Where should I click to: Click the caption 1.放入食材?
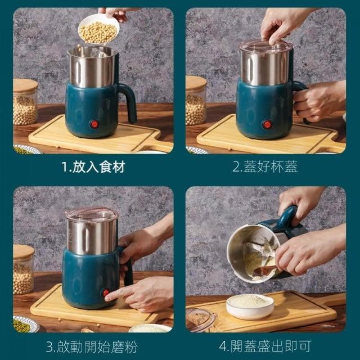94,167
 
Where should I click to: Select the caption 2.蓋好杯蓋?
265,167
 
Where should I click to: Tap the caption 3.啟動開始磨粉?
92,346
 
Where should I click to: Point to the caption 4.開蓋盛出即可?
265,346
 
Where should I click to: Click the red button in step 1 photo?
94,124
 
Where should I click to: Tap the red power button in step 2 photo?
267,124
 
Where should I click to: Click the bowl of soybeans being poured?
99,29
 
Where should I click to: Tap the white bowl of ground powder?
250,307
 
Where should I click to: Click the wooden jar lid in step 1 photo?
25,85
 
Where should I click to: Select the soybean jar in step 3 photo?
23,269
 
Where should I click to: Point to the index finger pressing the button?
118,294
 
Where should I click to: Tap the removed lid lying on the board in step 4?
201,320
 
